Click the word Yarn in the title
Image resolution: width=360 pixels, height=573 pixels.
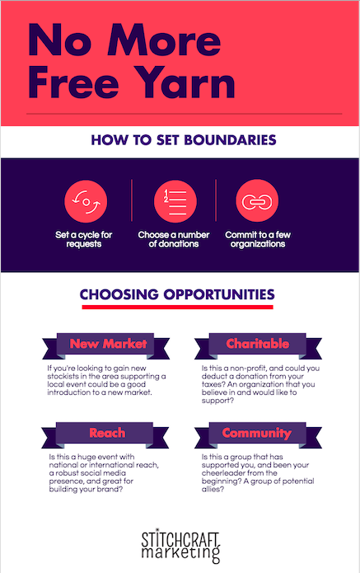(186, 82)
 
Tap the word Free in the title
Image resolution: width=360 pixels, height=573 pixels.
(73, 82)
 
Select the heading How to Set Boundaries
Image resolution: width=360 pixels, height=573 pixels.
(184, 140)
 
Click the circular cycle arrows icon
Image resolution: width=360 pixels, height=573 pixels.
(86, 201)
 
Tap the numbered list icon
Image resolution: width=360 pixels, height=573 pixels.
(175, 201)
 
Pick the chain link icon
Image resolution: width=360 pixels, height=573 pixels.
(257, 201)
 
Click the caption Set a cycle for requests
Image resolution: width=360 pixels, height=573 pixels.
(83, 239)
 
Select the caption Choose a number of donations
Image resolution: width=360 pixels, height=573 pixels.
(174, 239)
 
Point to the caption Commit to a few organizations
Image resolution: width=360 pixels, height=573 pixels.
(258, 239)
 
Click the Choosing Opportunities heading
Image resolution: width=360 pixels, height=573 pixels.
(177, 294)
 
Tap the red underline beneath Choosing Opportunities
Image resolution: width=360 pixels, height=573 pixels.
(177, 307)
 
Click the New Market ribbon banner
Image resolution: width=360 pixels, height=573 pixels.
(106, 345)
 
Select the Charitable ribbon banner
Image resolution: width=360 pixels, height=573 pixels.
(258, 345)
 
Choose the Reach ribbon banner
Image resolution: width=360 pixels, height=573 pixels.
(105, 434)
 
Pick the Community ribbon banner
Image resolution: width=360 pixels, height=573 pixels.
(258, 434)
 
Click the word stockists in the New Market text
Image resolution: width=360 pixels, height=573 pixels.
(63, 376)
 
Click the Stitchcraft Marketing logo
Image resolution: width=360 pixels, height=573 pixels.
(180, 546)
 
